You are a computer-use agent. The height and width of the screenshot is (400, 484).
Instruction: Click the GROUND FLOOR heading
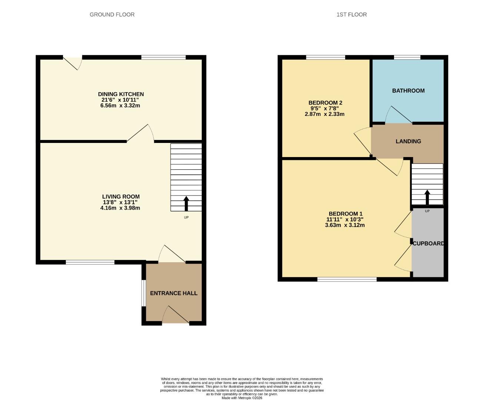112,14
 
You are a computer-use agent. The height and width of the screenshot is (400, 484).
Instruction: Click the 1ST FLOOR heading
351,14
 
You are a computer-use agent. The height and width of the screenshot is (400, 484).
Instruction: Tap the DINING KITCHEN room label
121,94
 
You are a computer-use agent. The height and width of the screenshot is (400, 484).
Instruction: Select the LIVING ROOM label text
121,197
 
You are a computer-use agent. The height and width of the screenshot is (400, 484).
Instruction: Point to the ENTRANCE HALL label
174,293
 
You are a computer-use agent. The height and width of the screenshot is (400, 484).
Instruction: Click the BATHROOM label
408,90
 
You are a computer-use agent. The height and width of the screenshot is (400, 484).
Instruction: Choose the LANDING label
408,141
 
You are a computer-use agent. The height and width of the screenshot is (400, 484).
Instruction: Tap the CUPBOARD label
428,243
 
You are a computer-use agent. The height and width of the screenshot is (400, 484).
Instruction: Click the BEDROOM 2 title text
325,103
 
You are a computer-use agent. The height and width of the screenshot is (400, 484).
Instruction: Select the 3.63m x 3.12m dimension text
345,225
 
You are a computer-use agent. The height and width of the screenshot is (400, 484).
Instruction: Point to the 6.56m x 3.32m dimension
121,106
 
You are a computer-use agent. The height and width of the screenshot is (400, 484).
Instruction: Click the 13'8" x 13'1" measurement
121,202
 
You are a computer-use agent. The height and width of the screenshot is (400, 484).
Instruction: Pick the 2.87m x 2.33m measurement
325,114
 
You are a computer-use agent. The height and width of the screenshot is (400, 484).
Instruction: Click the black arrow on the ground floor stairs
186,203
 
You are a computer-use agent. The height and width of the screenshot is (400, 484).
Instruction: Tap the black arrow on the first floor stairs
427,197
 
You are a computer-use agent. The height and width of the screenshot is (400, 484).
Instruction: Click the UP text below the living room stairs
186,217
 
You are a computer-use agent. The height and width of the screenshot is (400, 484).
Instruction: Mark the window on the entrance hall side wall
143,293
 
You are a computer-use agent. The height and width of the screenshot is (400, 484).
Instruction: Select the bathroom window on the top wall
407,57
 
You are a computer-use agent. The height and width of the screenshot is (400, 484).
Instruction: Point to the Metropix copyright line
242,398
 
